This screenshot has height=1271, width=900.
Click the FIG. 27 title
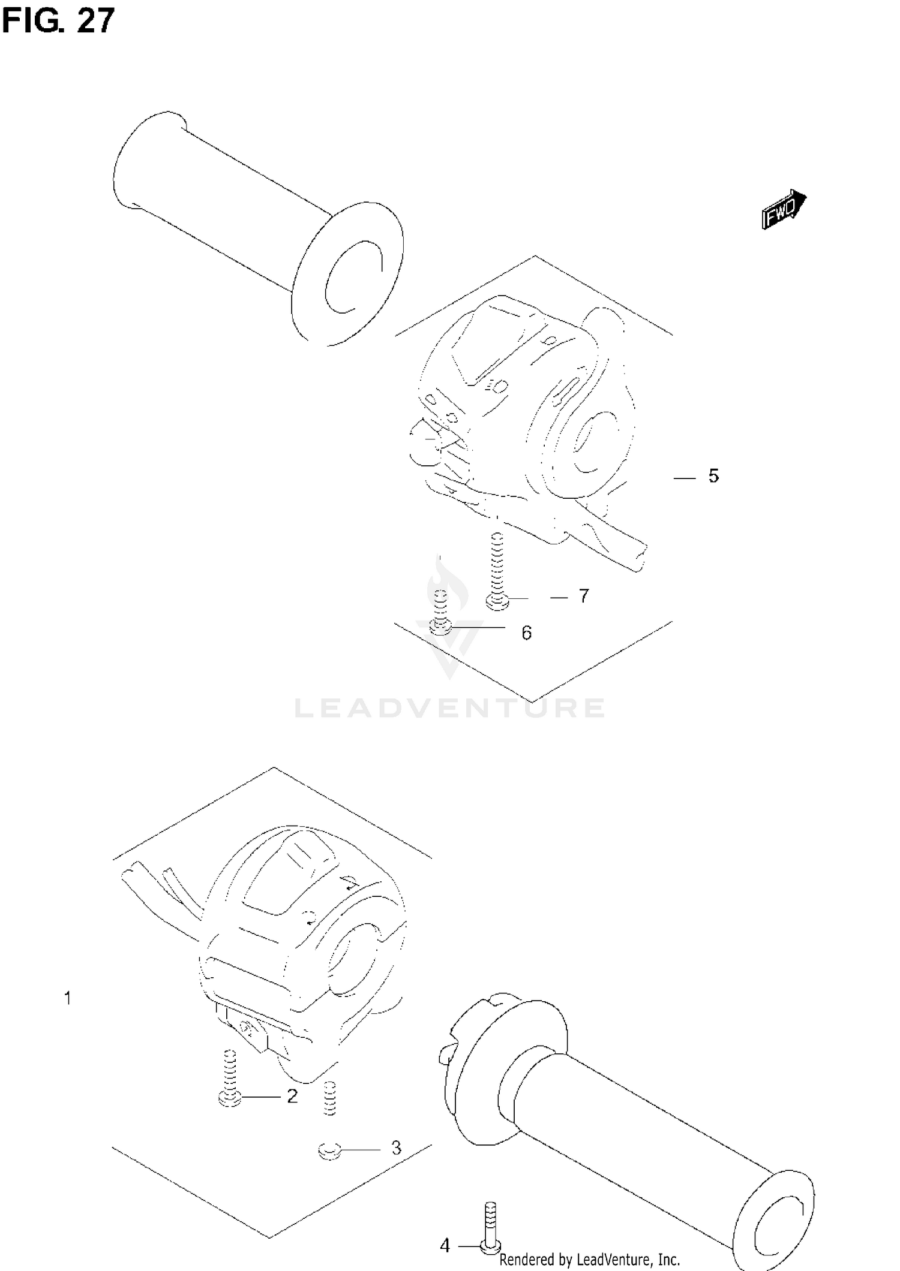pyautogui.click(x=58, y=22)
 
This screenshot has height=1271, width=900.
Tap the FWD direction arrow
pyautogui.click(x=784, y=210)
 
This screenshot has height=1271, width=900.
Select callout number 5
pyautogui.click(x=713, y=476)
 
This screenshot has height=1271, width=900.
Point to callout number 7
pyautogui.click(x=584, y=596)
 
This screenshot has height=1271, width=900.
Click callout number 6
pyautogui.click(x=526, y=633)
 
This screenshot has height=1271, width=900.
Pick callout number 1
pyautogui.click(x=68, y=998)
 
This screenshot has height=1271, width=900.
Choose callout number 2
pyautogui.click(x=292, y=1097)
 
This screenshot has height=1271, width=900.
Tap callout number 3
pyautogui.click(x=396, y=1148)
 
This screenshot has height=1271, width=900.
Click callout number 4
pyautogui.click(x=445, y=1246)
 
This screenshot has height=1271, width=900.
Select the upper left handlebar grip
pyautogui.click(x=258, y=228)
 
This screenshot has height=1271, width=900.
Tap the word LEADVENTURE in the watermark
pyautogui.click(x=450, y=709)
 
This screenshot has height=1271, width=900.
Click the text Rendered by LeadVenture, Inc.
pyautogui.click(x=589, y=1260)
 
